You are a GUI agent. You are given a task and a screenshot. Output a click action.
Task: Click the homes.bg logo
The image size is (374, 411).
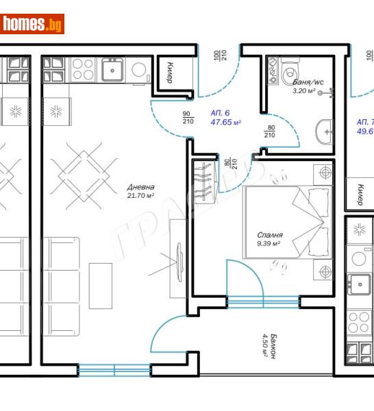(x=34, y=25)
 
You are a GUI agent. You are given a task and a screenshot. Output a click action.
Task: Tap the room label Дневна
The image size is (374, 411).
(x=140, y=187)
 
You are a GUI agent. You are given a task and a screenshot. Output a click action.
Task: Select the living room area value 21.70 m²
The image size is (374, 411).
(x=140, y=196)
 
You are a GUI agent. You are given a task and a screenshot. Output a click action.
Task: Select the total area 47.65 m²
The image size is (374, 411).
(x=225, y=123)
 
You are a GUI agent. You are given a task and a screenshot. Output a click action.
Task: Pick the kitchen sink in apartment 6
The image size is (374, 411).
(x=111, y=68)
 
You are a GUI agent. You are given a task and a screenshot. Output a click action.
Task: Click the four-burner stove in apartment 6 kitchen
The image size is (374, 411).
(x=82, y=68)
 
